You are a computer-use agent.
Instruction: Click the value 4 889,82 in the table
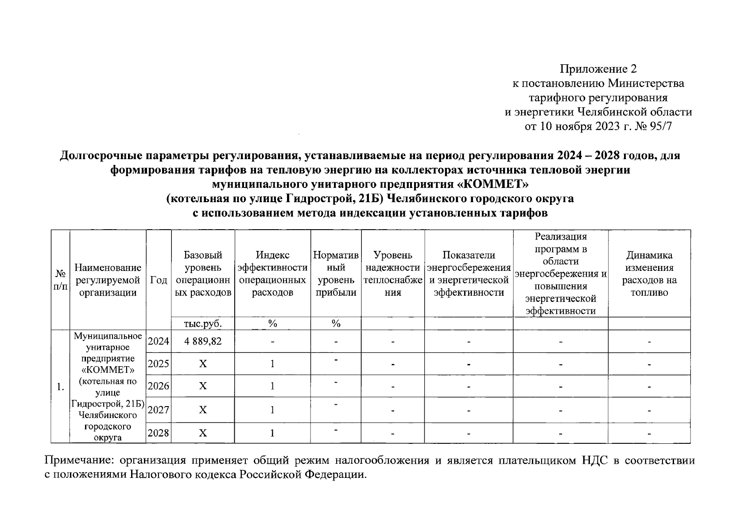pyautogui.click(x=203, y=341)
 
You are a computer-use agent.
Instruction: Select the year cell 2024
pyautogui.click(x=158, y=341)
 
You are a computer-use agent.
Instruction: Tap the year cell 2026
pyautogui.click(x=158, y=386)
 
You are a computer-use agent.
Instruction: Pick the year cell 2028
pyautogui.click(x=158, y=433)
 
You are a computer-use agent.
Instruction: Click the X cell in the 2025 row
pyautogui.click(x=203, y=364)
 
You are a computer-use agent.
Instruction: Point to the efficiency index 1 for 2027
pyautogui.click(x=272, y=410)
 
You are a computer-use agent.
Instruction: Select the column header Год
pyautogui.click(x=159, y=280)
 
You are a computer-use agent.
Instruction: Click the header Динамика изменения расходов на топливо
pyautogui.click(x=649, y=274)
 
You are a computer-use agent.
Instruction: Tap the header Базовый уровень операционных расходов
pyautogui.click(x=203, y=274)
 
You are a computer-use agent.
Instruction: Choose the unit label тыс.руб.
pyautogui.click(x=203, y=324)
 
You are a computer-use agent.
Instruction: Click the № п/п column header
pyautogui.click(x=61, y=280)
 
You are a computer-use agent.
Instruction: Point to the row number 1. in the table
pyautogui.click(x=61, y=387)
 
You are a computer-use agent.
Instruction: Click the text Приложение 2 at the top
pyautogui.click(x=598, y=69)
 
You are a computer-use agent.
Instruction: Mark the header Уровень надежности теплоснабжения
pyautogui.click(x=393, y=274)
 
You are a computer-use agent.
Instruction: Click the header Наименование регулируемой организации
pyautogui.click(x=108, y=280)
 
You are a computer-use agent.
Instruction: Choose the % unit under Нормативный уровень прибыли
pyautogui.click(x=336, y=324)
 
